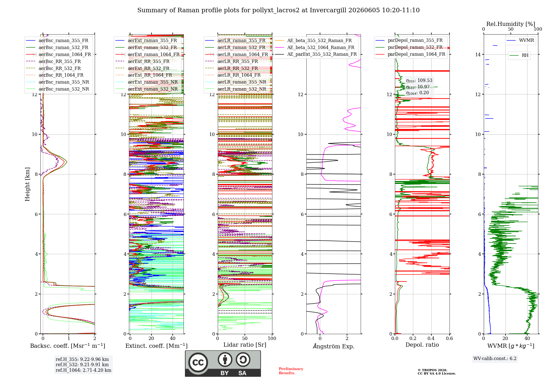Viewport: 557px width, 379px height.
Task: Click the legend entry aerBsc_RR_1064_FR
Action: [61, 75]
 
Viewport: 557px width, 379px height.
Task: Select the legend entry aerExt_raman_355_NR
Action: [153, 82]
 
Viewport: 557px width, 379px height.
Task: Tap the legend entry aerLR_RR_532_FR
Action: [238, 68]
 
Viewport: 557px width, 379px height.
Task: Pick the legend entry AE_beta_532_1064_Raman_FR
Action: [321, 47]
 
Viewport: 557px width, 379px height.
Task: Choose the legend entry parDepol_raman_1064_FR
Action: [417, 54]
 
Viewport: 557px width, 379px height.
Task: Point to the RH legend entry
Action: [525, 55]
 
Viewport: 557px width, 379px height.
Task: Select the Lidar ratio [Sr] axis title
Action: [245, 345]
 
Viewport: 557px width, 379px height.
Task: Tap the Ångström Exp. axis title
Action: [334, 346]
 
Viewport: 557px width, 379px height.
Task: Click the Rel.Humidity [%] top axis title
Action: [511, 24]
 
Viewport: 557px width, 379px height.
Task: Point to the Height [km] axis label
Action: [27, 184]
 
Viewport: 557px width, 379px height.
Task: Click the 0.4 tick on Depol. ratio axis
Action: [431, 338]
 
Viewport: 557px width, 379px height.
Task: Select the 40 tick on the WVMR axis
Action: [527, 338]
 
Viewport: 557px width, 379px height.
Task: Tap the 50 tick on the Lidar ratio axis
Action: [245, 338]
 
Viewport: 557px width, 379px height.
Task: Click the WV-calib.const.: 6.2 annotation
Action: [495, 359]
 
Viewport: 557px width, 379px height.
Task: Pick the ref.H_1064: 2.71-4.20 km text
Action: [84, 370]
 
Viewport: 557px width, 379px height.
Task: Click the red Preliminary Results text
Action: [291, 371]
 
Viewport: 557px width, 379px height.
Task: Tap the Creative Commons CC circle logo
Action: [198, 362]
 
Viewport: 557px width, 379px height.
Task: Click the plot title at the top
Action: [278, 10]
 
